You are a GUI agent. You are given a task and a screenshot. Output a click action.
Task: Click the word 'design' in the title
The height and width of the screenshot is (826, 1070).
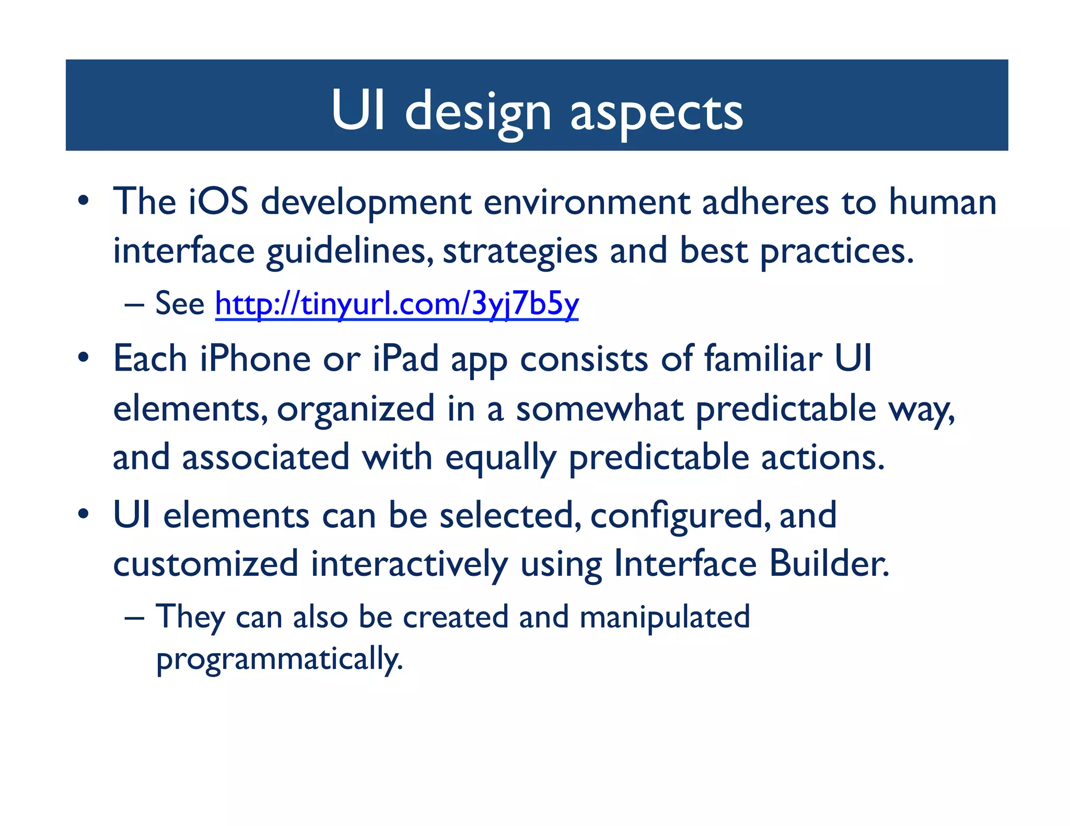point(478,111)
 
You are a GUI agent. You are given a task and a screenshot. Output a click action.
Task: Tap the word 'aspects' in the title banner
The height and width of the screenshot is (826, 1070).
point(656,111)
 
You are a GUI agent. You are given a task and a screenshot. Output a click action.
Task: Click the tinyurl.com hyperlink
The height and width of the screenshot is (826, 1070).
point(397,303)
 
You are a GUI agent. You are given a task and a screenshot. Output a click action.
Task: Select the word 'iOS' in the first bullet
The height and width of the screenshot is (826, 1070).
point(218,202)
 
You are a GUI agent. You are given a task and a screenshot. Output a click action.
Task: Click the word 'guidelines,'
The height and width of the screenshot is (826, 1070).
point(350,251)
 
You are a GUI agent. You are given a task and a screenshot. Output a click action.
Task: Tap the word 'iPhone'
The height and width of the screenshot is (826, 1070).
point(255,359)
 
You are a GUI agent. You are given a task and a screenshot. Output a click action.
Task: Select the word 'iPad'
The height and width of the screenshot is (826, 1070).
point(405,359)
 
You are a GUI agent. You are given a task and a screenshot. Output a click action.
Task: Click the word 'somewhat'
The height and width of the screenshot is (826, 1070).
point(599,409)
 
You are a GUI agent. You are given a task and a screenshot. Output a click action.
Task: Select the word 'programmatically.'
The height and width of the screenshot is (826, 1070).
point(280,659)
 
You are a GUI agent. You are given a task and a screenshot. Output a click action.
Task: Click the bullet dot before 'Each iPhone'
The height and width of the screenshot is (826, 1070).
point(83,358)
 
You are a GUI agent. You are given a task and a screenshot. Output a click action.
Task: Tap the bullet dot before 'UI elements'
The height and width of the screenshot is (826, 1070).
point(83,514)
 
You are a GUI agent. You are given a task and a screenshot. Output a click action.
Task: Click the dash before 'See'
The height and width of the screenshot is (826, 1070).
point(134,304)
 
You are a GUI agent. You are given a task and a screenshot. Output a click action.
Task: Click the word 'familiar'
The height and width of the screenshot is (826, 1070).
point(763,359)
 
